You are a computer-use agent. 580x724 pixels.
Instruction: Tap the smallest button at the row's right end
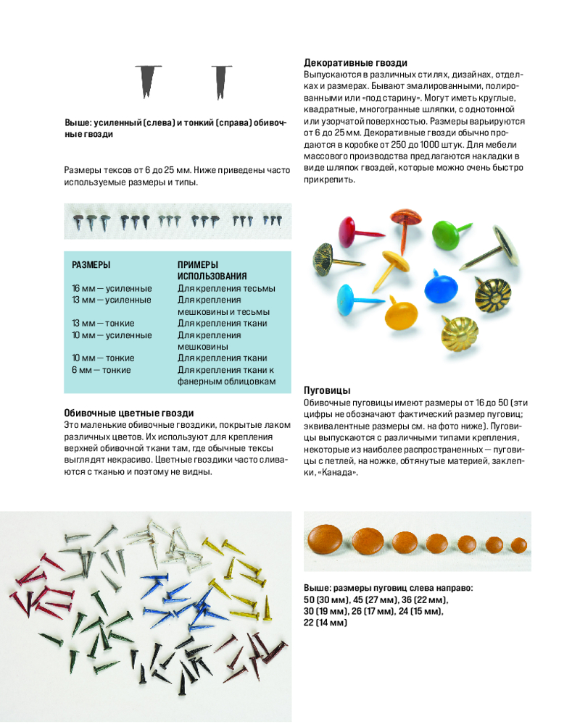(x=518, y=544)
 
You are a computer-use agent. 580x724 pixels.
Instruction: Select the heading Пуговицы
(x=327, y=390)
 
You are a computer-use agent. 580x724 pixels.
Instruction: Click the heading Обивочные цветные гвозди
(x=129, y=413)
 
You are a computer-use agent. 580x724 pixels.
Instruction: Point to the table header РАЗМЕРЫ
(x=91, y=265)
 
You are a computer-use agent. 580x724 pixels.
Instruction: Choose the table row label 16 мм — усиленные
(x=112, y=288)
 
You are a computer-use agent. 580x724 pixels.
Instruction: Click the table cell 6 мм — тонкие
(x=101, y=370)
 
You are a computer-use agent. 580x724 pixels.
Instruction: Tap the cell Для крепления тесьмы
(x=226, y=288)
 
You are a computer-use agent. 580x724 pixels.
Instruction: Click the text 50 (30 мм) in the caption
(x=327, y=600)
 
